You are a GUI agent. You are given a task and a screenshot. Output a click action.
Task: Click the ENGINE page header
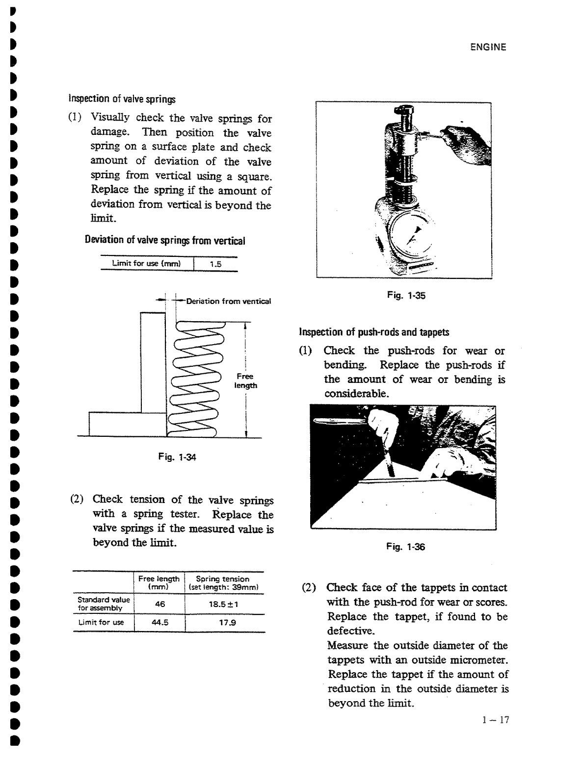point(488,47)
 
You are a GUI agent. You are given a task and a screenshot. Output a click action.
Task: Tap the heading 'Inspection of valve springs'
point(121,99)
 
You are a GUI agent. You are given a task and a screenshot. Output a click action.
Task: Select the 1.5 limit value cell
point(215,264)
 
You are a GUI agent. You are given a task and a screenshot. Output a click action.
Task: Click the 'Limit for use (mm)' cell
point(147,264)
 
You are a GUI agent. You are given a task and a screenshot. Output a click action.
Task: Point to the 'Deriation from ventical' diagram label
point(229,301)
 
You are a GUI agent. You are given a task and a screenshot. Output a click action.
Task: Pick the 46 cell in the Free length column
point(159,604)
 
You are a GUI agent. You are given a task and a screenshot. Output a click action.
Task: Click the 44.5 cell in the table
point(159,623)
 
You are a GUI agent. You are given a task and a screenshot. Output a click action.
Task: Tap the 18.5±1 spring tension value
point(223,604)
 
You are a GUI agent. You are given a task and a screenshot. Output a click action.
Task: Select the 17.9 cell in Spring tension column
point(223,623)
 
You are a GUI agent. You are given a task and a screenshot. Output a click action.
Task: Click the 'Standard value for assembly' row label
point(104,604)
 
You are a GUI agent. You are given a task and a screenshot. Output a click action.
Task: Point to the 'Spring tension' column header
point(223,579)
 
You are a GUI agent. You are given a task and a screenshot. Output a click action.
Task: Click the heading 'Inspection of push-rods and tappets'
point(374,332)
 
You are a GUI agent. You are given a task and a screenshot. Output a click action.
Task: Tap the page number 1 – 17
point(496,720)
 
